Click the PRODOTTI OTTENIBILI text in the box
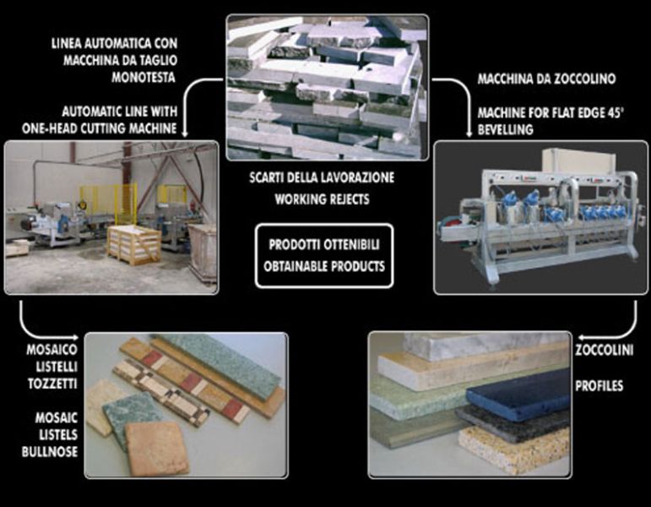(x=324, y=243)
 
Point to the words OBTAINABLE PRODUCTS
(x=324, y=265)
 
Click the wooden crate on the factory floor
(x=133, y=244)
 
